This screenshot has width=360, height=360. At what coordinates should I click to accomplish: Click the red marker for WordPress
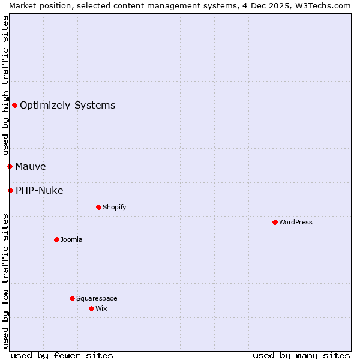point(275,222)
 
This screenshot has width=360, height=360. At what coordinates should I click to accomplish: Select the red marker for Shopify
point(98,207)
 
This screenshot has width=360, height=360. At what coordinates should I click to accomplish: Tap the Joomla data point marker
point(56,239)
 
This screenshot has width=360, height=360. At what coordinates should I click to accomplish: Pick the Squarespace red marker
point(72,298)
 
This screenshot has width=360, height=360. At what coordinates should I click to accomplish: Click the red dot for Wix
point(91,308)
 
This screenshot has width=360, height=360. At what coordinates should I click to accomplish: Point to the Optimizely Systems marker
point(14,106)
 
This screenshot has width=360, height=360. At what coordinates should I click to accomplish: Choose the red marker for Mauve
point(10,166)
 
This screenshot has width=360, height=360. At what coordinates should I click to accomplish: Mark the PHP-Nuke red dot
point(10,190)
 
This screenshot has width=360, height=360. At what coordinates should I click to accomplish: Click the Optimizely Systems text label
point(67,106)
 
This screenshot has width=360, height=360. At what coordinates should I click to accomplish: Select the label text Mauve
point(30,166)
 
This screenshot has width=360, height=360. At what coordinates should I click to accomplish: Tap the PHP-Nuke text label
point(39,191)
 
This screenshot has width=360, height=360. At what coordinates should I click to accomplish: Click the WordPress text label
point(295,222)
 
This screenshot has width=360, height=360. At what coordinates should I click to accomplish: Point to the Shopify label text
point(114,207)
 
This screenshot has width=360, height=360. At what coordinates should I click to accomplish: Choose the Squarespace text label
point(97,298)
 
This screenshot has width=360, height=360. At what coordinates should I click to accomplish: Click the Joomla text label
point(71,239)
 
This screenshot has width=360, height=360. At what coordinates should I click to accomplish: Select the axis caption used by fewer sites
point(62,355)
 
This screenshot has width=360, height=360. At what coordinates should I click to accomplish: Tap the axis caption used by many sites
point(301,355)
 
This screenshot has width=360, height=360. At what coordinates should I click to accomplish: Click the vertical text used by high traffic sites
point(5,86)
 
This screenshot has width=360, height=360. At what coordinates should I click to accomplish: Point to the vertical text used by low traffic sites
point(5,281)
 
